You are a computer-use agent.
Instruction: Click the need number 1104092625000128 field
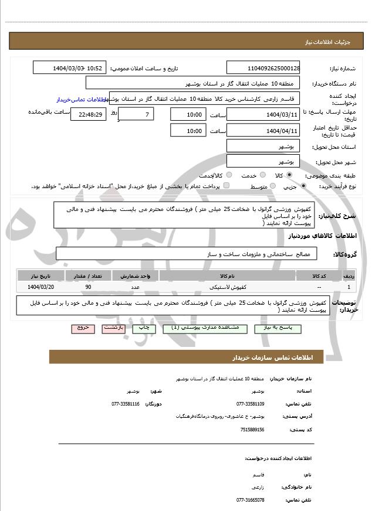click(x=263, y=68)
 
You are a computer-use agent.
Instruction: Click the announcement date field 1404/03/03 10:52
click(x=70, y=68)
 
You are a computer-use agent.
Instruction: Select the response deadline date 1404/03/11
click(x=263, y=114)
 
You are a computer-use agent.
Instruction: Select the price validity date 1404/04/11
click(x=263, y=130)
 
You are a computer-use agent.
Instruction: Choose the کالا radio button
click(x=289, y=175)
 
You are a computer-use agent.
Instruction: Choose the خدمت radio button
click(x=262, y=175)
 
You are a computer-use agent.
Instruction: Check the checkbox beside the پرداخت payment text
click(x=226, y=186)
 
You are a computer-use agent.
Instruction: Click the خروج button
click(x=83, y=328)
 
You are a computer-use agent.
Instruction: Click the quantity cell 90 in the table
click(x=88, y=287)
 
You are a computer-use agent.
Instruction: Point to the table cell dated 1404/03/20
click(x=41, y=287)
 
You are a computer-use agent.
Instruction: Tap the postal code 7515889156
click(x=252, y=429)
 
